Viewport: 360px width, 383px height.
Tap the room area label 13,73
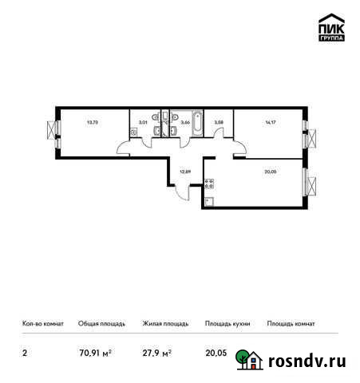[92, 122]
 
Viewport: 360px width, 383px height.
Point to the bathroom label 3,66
[184, 122]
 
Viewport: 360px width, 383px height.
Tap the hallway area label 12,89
[184, 170]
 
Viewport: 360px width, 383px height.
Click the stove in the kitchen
[210, 184]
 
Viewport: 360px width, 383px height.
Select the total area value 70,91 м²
[94, 349]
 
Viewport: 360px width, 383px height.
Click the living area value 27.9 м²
[156, 349]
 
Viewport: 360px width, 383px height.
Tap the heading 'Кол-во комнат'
[39, 324]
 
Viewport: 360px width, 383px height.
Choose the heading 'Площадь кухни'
[227, 324]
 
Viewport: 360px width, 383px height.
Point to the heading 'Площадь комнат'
[291, 324]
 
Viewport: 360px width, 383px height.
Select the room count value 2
[23, 349]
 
